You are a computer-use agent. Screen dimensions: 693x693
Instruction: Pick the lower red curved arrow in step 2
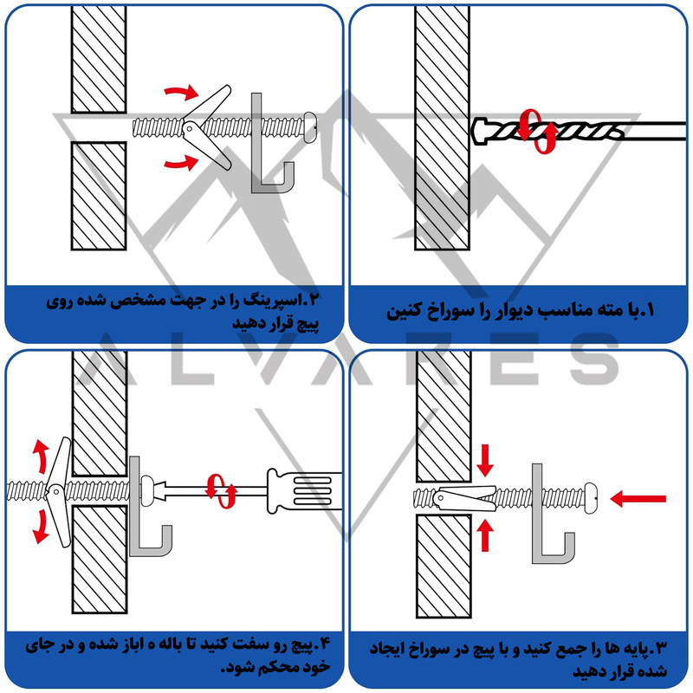[179, 161]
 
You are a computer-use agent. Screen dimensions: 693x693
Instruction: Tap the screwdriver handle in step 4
[298, 491]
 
